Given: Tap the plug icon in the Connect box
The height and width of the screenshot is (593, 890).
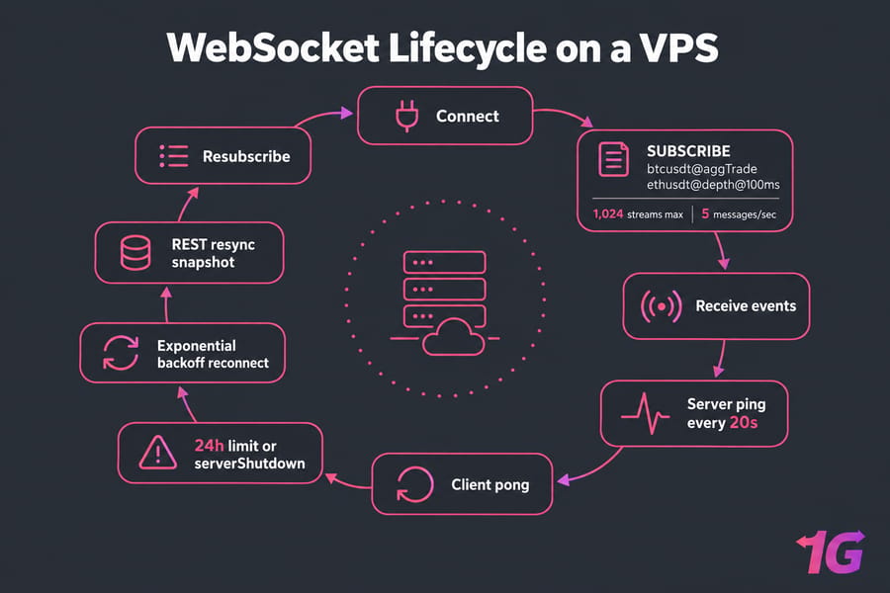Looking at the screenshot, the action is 406,116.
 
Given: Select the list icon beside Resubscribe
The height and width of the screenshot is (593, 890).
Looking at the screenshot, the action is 174,156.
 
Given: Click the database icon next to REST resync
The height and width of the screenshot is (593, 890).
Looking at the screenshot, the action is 135,253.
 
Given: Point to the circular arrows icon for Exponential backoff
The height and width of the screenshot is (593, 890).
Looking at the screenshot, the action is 121,353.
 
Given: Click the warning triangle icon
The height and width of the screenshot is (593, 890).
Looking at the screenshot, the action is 158,453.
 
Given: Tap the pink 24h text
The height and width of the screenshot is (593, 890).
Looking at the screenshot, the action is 209,446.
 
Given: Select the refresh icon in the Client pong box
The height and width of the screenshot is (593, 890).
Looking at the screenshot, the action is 414,484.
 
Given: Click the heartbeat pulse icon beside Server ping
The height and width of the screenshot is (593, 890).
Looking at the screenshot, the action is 646,414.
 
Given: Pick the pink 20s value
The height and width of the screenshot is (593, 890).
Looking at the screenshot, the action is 744,423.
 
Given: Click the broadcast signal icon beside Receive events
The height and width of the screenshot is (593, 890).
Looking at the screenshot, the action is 661,306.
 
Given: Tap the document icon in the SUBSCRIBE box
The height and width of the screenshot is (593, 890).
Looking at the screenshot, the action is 613,159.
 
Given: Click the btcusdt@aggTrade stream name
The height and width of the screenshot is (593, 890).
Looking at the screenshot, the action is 701,169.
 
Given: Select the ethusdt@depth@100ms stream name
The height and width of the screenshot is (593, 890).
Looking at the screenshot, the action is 713,185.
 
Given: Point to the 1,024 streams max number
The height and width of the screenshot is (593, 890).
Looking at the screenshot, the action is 608,213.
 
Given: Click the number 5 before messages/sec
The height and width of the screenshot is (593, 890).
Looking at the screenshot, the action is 705,213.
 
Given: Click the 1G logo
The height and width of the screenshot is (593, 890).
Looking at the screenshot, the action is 831,551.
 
